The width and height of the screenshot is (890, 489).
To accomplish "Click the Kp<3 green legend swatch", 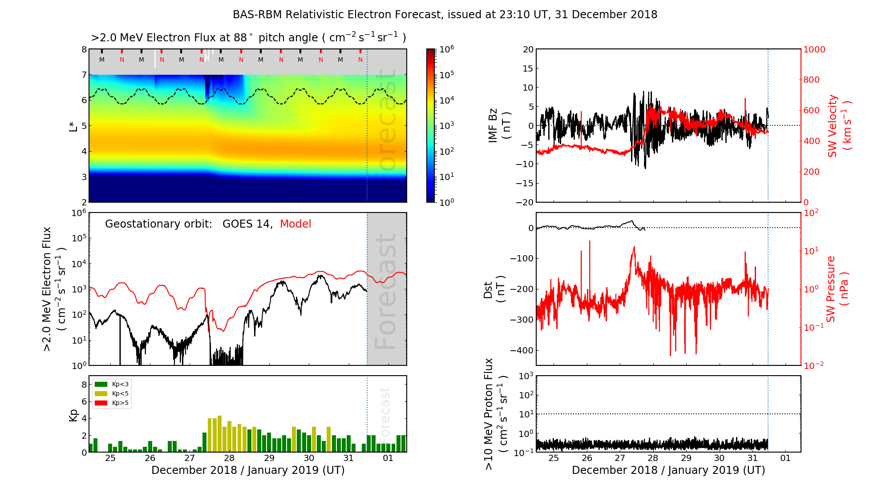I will coord(101,384).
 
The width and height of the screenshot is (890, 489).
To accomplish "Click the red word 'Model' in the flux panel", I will coord(295,224).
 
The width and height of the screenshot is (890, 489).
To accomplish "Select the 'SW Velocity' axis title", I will coord(833,125).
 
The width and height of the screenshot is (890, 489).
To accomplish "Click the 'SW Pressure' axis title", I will coord(831,289).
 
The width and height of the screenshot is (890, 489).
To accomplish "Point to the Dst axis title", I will coord(488,290).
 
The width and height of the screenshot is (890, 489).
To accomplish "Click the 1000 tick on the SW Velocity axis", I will coord(814,49).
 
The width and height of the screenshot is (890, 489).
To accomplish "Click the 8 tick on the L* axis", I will coord(84,49).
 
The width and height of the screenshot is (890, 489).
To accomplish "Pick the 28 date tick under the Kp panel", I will coord(229,458).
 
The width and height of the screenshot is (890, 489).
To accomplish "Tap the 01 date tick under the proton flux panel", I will coord(785,458).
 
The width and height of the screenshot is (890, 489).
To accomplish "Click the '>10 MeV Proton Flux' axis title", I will coord(489,414).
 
